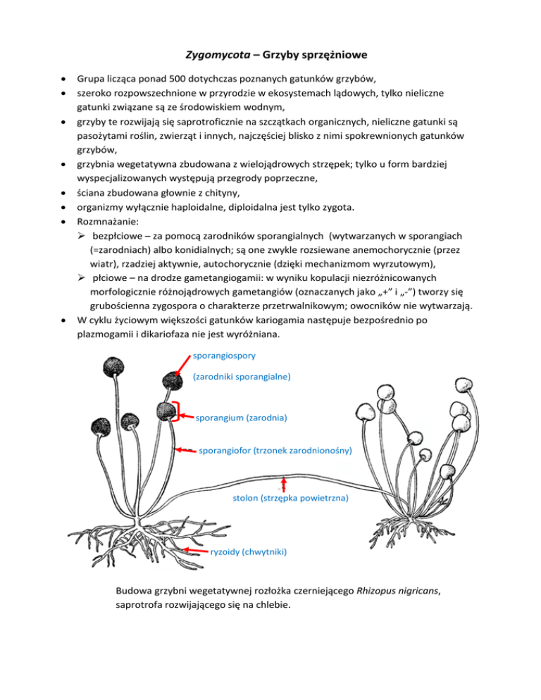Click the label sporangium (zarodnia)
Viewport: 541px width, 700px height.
pos(240,418)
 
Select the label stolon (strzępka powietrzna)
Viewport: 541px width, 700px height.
pos(290,497)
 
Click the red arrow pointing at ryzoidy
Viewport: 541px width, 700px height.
pos(194,547)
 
